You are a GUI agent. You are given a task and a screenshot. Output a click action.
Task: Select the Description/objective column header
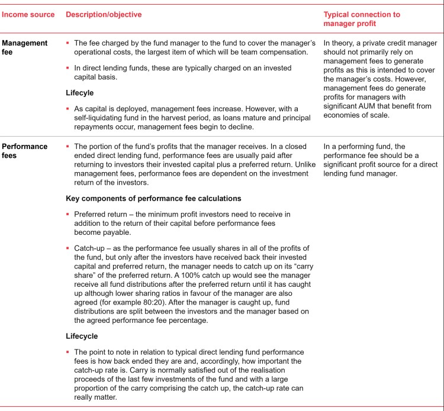click(x=104, y=14)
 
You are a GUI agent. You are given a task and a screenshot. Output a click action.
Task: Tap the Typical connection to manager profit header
click(x=362, y=18)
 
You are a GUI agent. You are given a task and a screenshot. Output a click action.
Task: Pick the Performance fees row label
click(x=25, y=150)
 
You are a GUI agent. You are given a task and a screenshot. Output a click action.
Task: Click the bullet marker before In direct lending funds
click(x=68, y=68)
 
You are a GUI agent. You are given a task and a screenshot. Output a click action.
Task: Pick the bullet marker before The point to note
click(x=68, y=352)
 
